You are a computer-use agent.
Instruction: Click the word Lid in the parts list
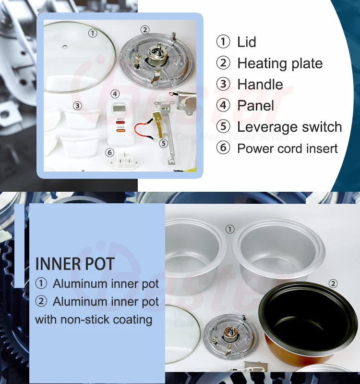pos(247,42)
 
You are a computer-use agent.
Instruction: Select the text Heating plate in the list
pos(280,63)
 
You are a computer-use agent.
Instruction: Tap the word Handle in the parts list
pos(260,85)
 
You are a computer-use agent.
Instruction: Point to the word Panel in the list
pos(255,106)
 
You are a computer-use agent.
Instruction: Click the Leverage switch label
pos(289,127)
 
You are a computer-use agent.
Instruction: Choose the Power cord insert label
pos(288,149)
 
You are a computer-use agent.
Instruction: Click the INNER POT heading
pos(75,264)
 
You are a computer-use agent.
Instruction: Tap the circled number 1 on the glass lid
pos(93,33)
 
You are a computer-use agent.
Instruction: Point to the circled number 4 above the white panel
pos(115,94)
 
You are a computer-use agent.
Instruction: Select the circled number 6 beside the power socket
pos(110,152)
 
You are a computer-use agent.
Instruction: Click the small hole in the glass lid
pos(65,48)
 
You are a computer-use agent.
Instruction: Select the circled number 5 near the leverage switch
pos(163,143)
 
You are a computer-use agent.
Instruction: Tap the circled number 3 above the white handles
pos(77,106)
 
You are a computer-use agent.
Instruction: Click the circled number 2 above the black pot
pos(333,284)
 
